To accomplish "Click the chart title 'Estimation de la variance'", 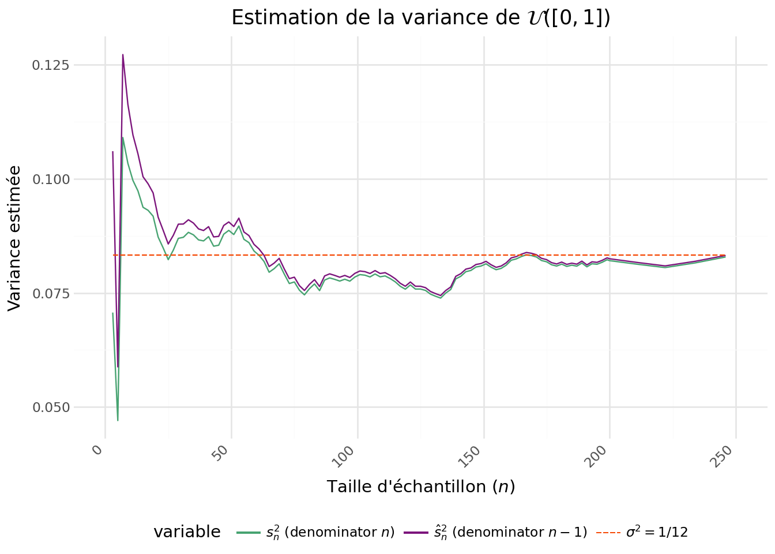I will click(420, 18).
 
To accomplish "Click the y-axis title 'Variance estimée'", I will click(15, 238).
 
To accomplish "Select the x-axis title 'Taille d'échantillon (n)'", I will click(421, 486).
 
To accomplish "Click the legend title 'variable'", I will click(187, 532).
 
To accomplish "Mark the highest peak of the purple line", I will click(123, 54).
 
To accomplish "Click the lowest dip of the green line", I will click(118, 420).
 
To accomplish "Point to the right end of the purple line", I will click(725, 255).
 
